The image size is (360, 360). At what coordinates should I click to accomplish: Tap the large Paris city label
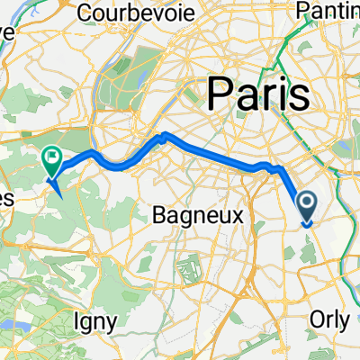click(x=258, y=93)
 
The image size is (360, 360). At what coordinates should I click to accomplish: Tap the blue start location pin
click(x=306, y=208)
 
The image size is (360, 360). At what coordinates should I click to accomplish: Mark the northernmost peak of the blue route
click(x=164, y=135)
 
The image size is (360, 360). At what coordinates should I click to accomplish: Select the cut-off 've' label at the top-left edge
click(x=7, y=30)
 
